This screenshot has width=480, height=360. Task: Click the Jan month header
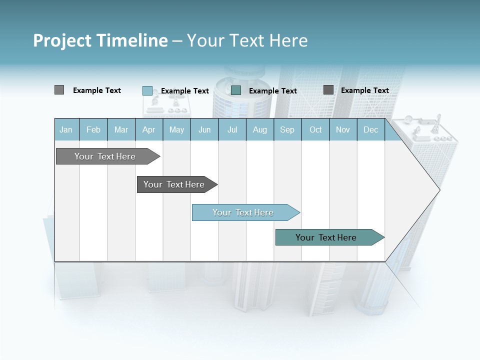[x=66, y=129]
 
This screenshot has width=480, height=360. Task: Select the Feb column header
[x=93, y=129]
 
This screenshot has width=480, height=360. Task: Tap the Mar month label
[x=121, y=129]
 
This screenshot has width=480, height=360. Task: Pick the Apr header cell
[x=149, y=129]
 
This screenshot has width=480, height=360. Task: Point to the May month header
[x=176, y=129]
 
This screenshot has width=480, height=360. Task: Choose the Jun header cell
[x=204, y=129]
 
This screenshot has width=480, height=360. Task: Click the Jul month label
[x=232, y=129]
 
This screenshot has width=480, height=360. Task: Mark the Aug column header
[x=260, y=129]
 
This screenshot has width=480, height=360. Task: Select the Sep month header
[x=287, y=129]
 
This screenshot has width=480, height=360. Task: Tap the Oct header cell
[x=315, y=129]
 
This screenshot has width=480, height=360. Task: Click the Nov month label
[x=343, y=129]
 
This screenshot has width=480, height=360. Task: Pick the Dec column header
[x=371, y=129]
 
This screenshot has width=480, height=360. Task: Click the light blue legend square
[x=147, y=90]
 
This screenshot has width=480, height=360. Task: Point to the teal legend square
[x=236, y=90]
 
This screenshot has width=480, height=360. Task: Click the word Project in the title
[x=62, y=40]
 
